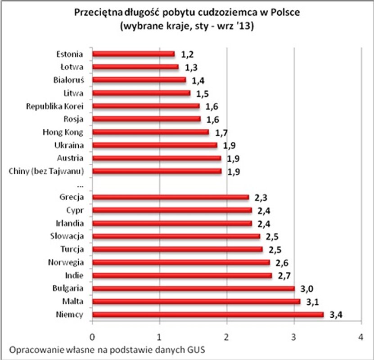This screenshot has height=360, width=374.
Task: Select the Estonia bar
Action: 133,54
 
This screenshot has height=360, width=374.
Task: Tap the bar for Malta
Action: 196,301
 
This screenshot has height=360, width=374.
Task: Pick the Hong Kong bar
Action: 150,132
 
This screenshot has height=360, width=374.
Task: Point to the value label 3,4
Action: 336,315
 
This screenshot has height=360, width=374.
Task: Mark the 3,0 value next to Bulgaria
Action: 307,288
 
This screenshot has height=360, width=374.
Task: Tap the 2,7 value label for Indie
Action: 284,275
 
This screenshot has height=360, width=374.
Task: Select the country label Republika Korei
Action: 55,106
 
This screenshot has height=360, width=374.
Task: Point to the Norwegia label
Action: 68,262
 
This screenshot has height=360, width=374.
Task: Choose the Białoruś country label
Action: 69,80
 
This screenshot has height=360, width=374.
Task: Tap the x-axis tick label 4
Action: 360,337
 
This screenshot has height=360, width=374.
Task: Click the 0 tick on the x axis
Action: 92,337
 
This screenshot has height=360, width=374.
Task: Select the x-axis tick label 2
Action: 226,337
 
